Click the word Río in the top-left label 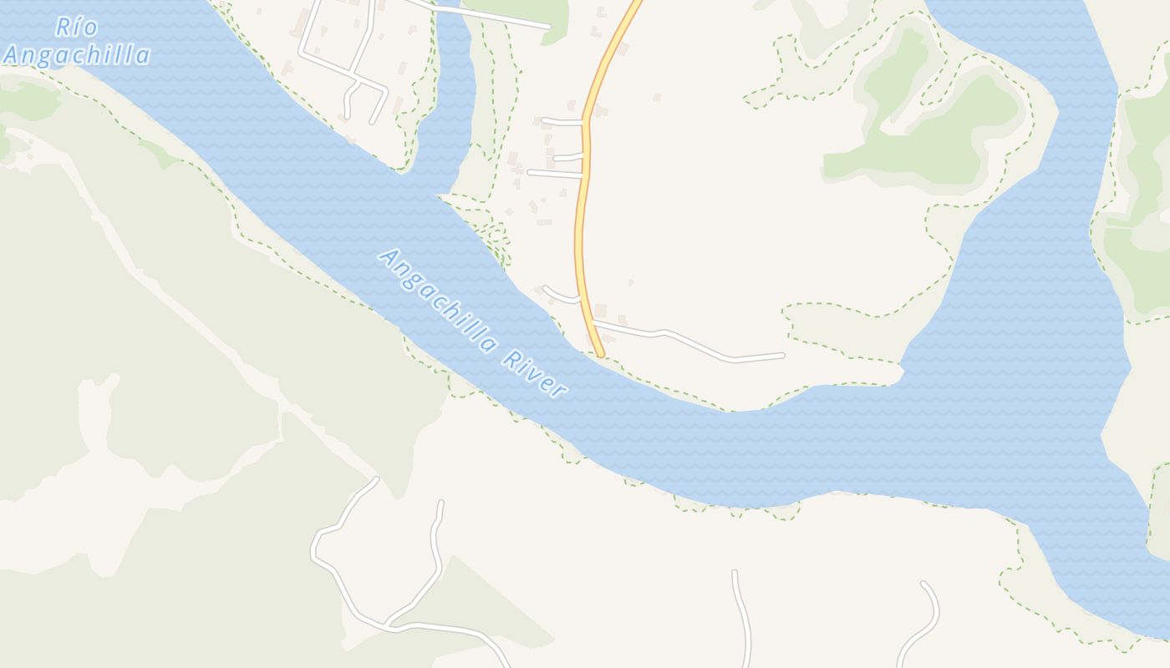76,27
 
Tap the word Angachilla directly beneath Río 76,56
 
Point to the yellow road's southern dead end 600,354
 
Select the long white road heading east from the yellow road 694,343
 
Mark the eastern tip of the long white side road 782,356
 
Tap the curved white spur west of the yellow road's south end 559,296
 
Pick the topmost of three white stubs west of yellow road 562,122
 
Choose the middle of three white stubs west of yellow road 567,157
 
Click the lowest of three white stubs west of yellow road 555,174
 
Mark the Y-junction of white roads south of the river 387,624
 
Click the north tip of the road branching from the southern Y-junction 440,503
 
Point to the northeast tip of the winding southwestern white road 376,479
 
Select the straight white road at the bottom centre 742,618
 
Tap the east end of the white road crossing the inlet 547,27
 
